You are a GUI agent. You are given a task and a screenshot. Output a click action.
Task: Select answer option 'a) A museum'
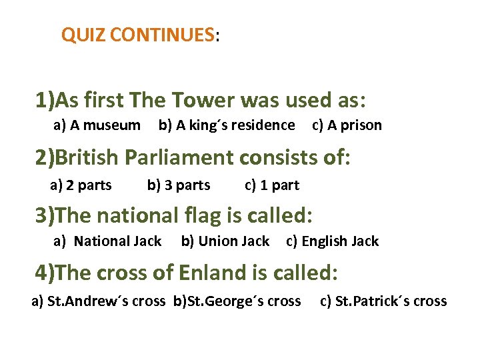click(97, 125)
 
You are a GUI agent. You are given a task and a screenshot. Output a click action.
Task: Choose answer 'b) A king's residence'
click(226, 125)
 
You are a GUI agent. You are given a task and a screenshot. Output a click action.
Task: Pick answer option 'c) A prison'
click(347, 125)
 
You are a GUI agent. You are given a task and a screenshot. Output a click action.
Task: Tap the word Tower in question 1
click(203, 101)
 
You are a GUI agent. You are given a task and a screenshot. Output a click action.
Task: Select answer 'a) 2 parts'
click(81, 185)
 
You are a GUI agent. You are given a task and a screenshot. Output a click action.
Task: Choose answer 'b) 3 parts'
click(178, 185)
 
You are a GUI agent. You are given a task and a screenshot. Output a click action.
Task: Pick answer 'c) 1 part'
click(272, 185)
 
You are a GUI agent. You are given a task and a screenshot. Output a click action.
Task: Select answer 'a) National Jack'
click(107, 241)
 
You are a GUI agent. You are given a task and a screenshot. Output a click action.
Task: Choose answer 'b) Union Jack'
click(225, 241)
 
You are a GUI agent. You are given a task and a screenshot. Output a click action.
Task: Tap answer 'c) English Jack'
click(332, 241)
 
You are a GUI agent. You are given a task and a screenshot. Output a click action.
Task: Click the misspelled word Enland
click(206, 273)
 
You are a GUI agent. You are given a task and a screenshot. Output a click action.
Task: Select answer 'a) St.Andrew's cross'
click(99, 301)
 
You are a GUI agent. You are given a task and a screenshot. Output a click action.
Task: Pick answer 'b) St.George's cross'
click(237, 301)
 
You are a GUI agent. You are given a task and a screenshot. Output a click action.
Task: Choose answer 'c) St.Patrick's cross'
click(383, 301)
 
